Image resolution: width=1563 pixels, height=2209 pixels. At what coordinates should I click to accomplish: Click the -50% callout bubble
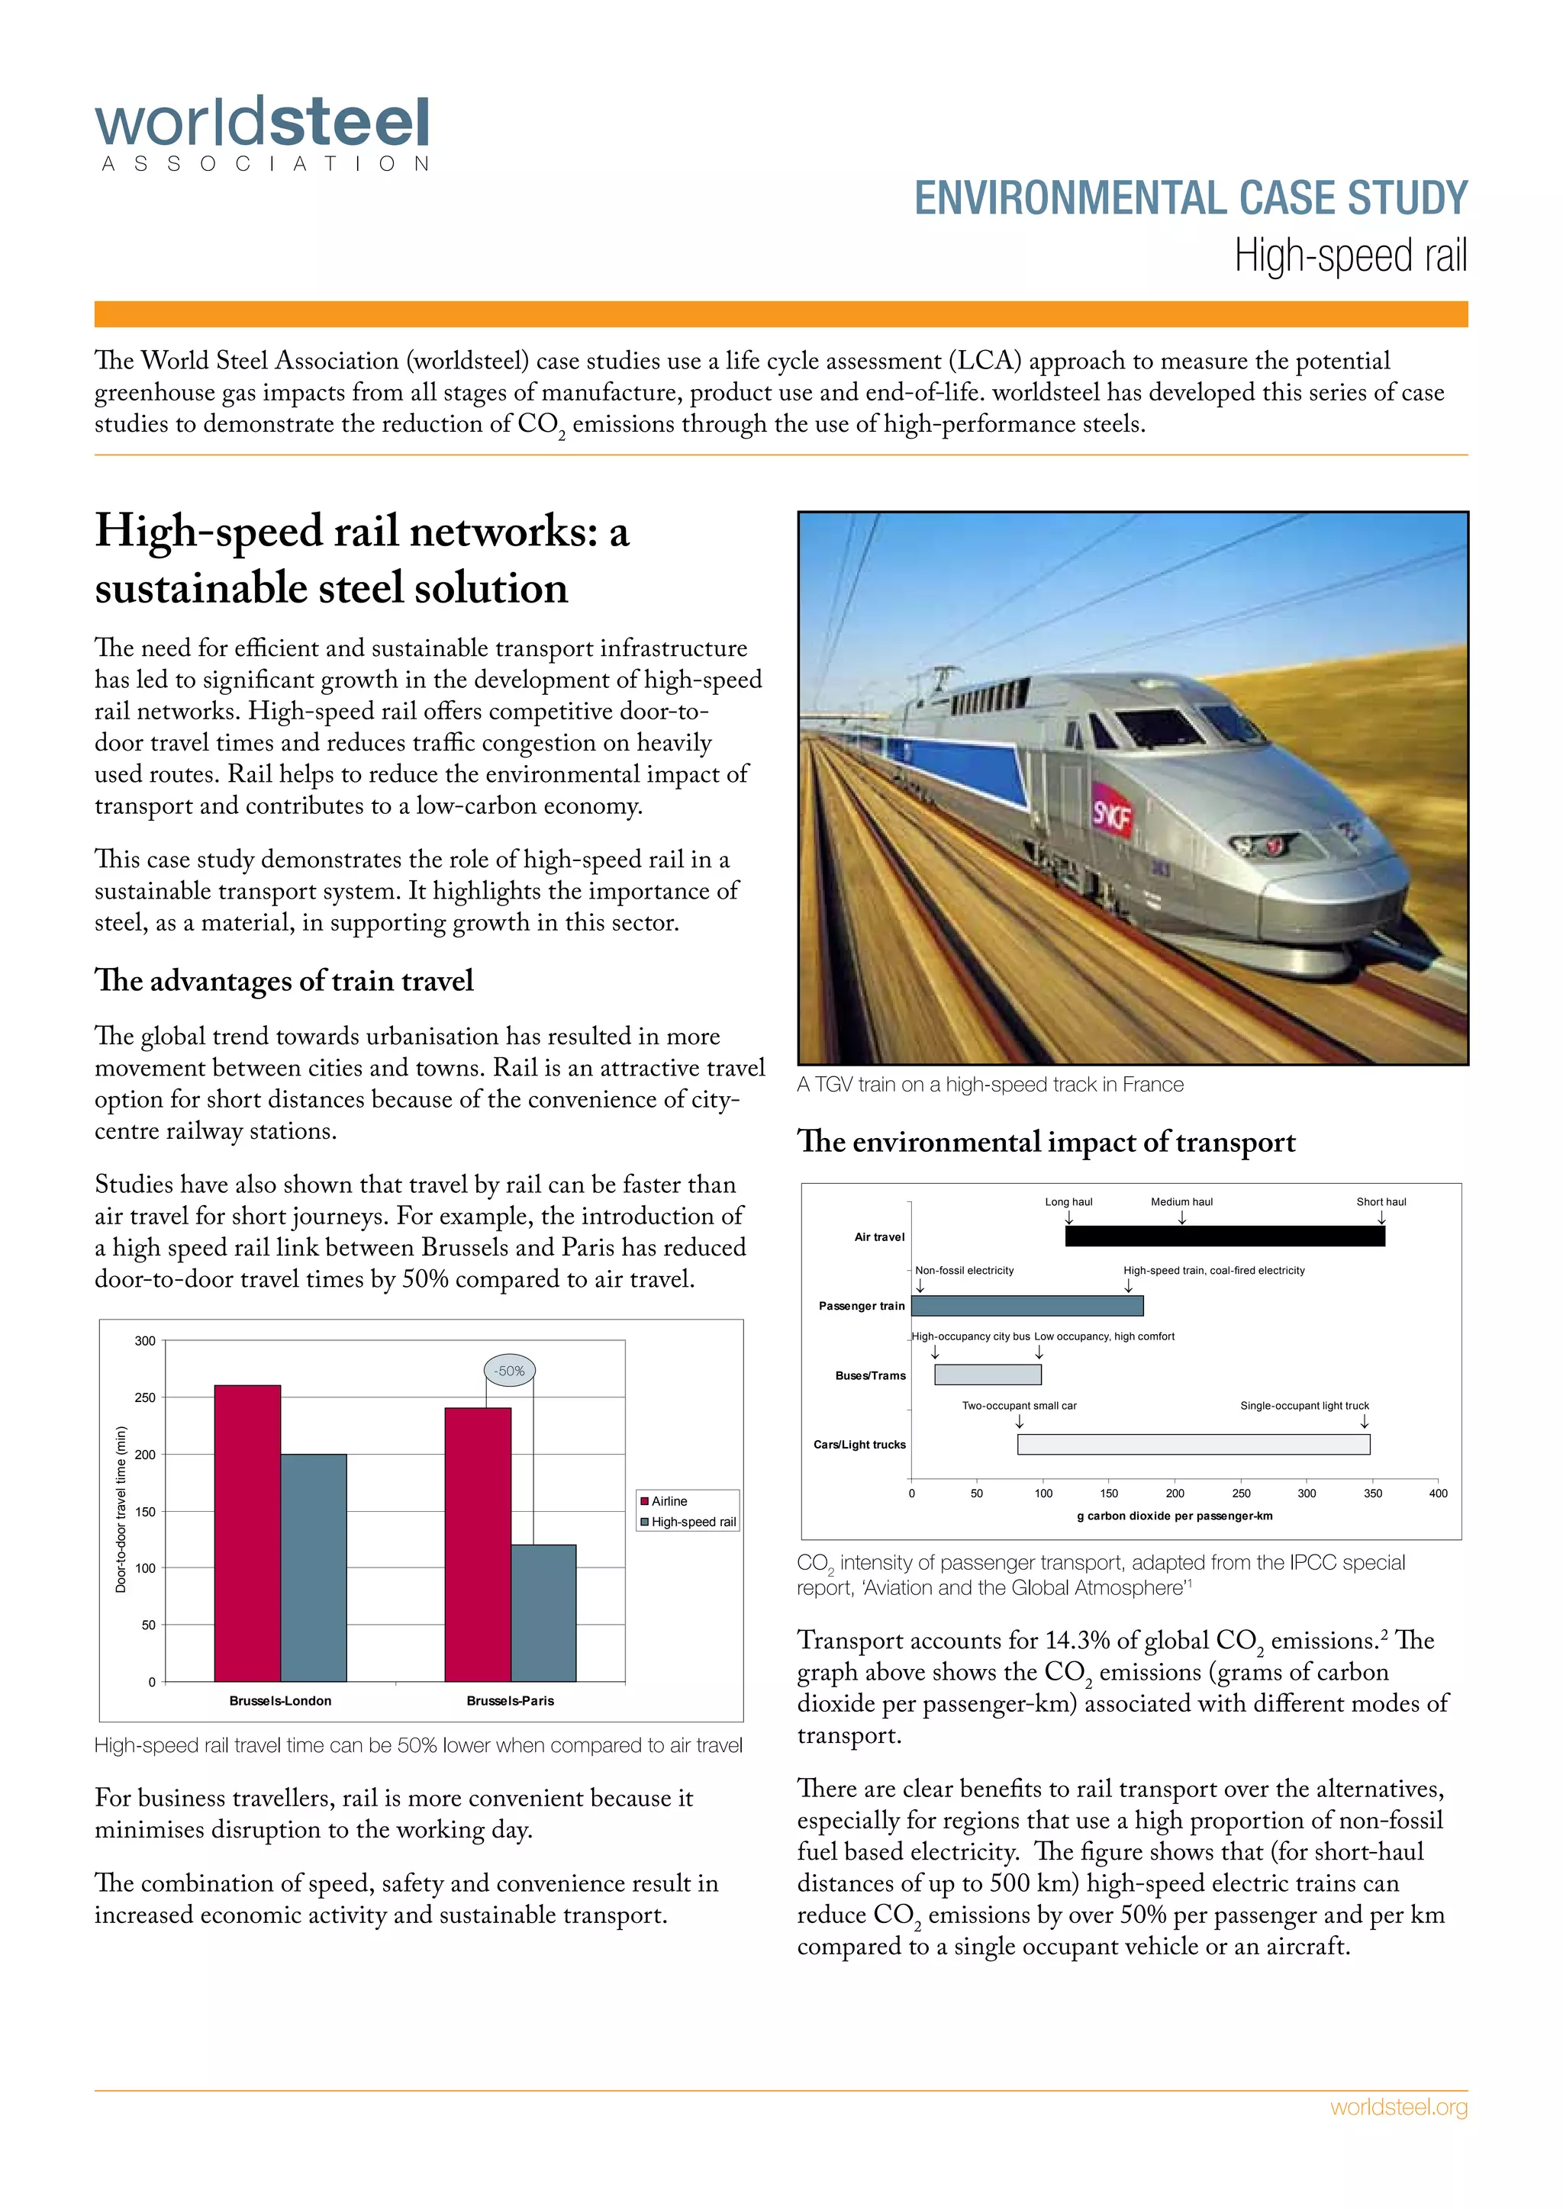point(509,1370)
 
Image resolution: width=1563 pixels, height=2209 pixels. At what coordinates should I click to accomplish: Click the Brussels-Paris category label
point(510,1700)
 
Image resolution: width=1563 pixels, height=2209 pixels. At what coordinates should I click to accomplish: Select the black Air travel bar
point(1224,1236)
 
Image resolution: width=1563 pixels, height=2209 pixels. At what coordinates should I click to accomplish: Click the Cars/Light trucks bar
point(1194,1444)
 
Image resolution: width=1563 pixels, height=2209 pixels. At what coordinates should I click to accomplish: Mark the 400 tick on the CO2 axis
point(1437,1494)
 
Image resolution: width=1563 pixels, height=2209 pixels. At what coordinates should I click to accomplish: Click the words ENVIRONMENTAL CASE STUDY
point(1190,198)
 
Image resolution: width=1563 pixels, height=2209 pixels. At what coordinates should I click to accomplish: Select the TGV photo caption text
point(989,1085)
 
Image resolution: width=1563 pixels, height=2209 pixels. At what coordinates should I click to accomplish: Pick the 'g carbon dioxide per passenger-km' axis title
point(1175,1516)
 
